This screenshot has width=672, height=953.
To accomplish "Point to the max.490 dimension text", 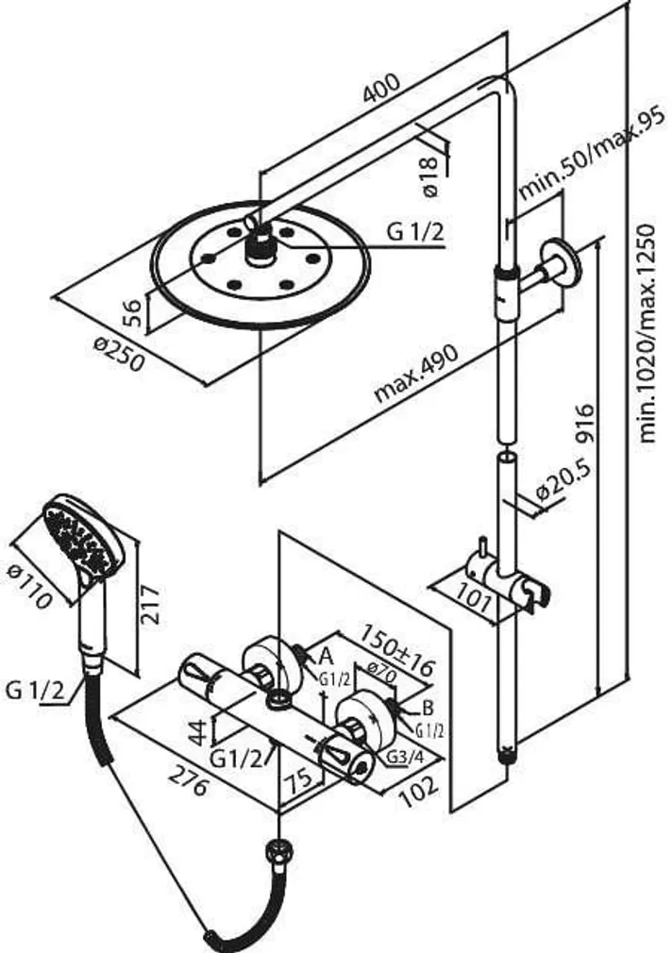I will coord(415,375).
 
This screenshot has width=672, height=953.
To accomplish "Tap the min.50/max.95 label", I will coord(591,157).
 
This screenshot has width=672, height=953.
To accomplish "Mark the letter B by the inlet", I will coord(428,707).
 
